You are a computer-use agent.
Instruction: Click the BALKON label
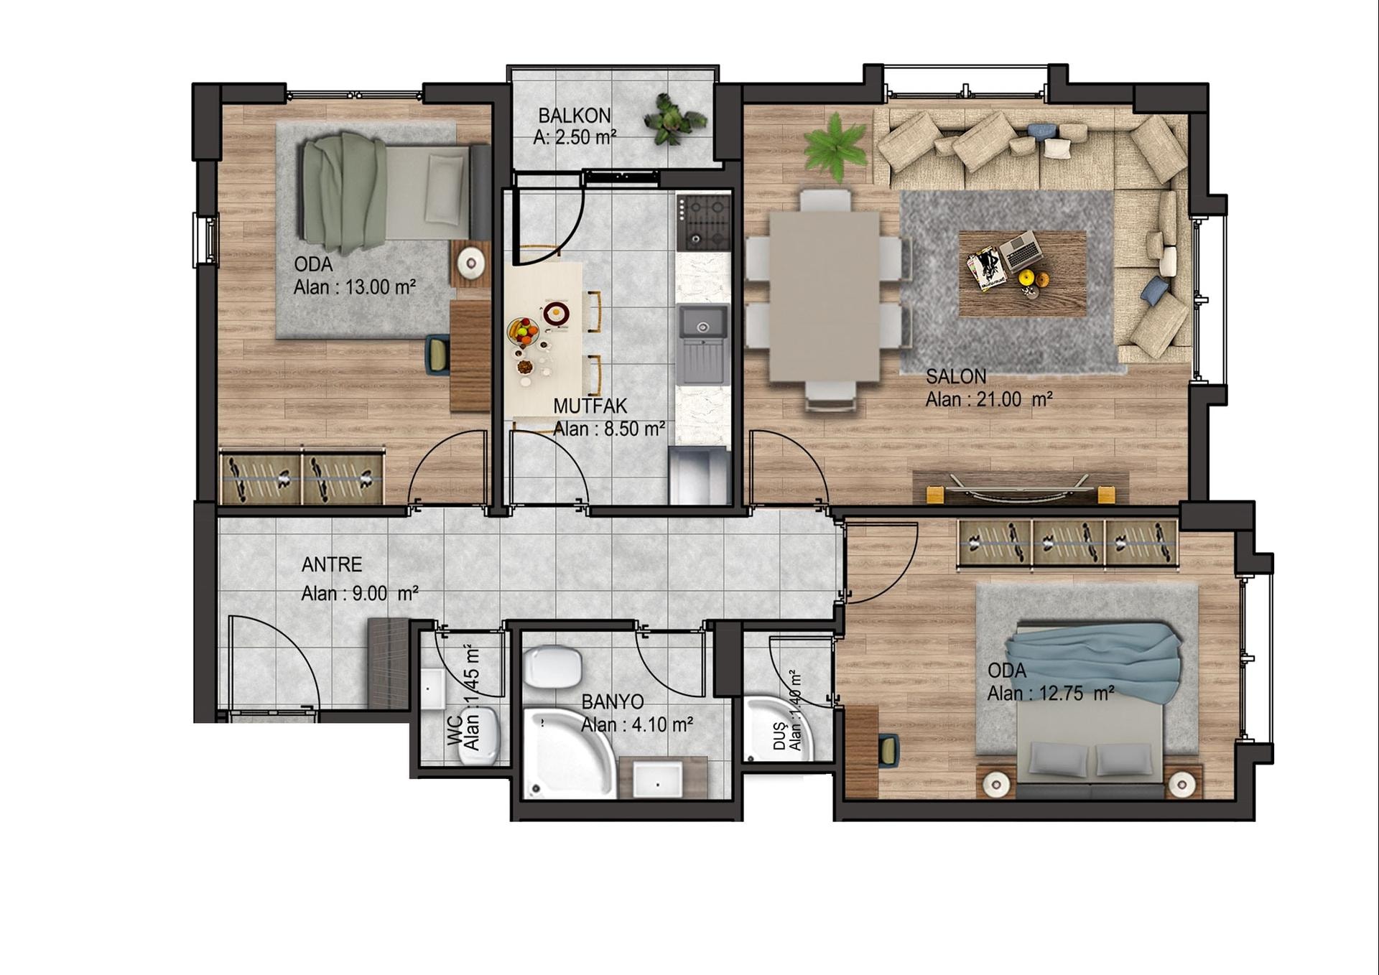click(575, 115)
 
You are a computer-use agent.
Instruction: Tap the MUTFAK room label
click(590, 406)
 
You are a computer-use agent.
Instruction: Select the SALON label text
click(956, 376)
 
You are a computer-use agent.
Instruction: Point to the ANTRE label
click(332, 564)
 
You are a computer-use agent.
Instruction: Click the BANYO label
click(613, 701)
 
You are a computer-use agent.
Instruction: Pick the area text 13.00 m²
click(381, 287)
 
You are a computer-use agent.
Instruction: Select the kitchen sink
click(703, 343)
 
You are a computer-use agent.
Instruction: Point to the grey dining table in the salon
click(825, 295)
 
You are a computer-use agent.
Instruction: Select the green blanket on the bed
click(343, 192)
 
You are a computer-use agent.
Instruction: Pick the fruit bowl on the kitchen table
click(522, 331)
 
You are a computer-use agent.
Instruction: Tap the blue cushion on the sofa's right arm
click(1154, 290)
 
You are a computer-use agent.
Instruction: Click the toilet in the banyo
click(552, 666)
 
